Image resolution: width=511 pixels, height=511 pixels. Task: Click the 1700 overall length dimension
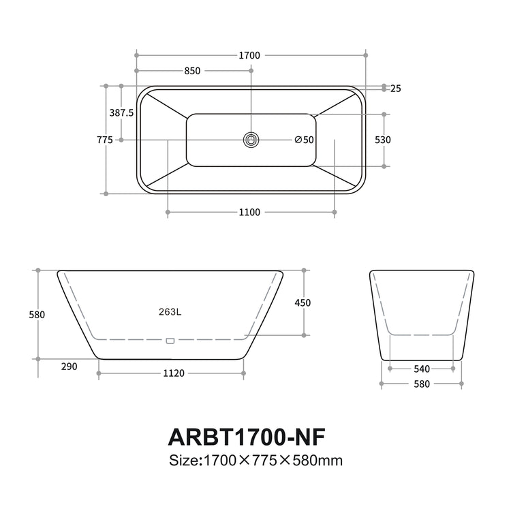250,55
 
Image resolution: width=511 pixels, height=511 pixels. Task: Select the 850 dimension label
193,71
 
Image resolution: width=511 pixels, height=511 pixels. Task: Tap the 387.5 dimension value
121,113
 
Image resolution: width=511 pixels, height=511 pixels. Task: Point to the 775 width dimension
105,140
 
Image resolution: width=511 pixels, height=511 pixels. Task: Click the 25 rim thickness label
396,89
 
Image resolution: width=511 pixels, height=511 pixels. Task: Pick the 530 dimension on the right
383,140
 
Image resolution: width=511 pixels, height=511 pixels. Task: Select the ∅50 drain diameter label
304,140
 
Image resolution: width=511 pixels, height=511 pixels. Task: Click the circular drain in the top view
251,140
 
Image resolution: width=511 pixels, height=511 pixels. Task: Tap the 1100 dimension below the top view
249,213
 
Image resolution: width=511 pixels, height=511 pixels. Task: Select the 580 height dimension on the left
38,315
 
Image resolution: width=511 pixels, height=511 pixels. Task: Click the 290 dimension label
69,367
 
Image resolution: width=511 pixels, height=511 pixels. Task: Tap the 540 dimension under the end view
422,369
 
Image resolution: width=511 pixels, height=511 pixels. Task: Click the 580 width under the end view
422,384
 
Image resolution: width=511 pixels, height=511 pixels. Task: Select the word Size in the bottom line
183,460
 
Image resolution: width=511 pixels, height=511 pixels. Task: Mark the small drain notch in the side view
170,339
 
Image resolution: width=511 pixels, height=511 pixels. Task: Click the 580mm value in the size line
316,460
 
